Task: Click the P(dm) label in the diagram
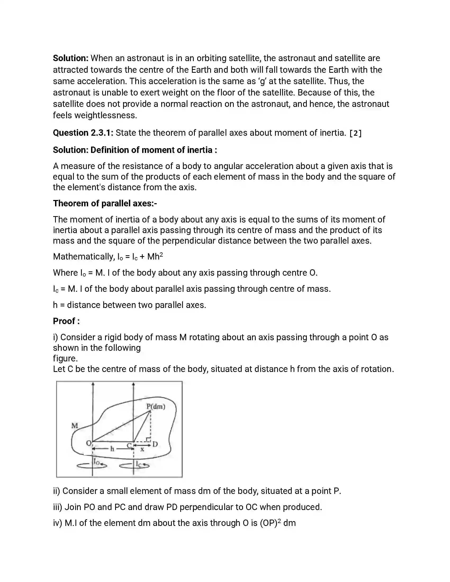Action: [x=156, y=406]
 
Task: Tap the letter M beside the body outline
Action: [x=75, y=426]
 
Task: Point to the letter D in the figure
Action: [x=155, y=444]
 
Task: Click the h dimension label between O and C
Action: [x=112, y=449]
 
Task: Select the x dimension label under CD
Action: [x=142, y=449]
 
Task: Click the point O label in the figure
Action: [x=88, y=443]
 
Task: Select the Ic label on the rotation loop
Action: [x=139, y=464]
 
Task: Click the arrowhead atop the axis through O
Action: [x=93, y=384]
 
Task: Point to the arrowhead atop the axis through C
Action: [x=133, y=384]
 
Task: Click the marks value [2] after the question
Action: [x=355, y=133]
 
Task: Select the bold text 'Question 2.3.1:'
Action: [x=83, y=133]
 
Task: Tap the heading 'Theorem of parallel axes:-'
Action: [x=105, y=203]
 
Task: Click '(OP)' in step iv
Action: [x=268, y=523]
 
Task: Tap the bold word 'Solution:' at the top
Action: [x=71, y=58]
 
